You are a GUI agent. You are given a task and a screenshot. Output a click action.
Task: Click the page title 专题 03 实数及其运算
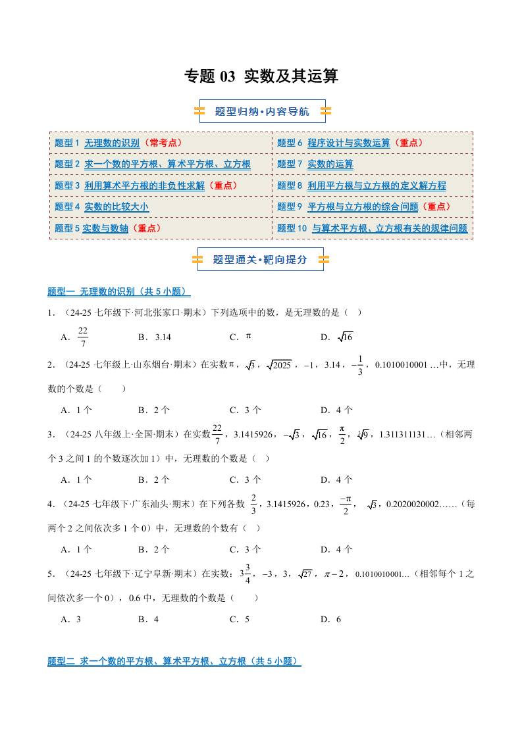[x=261, y=77]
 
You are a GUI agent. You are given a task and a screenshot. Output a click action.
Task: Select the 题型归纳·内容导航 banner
[x=262, y=111]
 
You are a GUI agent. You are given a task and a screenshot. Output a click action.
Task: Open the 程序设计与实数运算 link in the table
[x=348, y=143]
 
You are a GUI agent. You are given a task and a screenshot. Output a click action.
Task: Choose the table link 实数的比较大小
[x=116, y=207]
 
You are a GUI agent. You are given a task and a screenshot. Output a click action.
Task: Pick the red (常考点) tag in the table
[x=163, y=143]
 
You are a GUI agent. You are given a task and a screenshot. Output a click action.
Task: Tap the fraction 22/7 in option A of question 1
[x=83, y=337]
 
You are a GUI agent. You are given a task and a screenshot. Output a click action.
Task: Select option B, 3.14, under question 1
[x=163, y=337]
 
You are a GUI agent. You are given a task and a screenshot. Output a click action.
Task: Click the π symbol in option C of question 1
[x=249, y=336]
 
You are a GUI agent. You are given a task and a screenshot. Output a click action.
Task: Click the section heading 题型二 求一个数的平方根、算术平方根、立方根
[x=174, y=661]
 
